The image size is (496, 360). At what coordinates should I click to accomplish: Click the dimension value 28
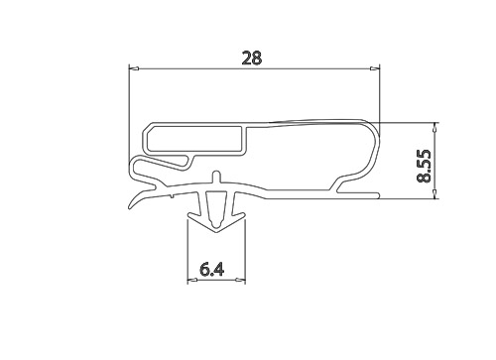pos(252,58)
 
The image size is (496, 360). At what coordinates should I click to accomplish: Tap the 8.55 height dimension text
pos(424,166)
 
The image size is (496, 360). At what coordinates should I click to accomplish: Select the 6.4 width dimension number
pos(212,270)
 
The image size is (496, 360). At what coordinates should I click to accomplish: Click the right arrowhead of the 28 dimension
pos(375,68)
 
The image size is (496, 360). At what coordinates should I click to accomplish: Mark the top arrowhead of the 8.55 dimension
pos(434,127)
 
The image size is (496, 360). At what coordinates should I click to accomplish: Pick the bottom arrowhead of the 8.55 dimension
pos(434,194)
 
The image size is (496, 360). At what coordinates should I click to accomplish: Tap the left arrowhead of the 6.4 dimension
pos(192,281)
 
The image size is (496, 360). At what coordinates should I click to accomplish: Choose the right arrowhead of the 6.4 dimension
pos(240,281)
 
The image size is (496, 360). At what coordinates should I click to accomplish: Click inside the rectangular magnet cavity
pos(193,139)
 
